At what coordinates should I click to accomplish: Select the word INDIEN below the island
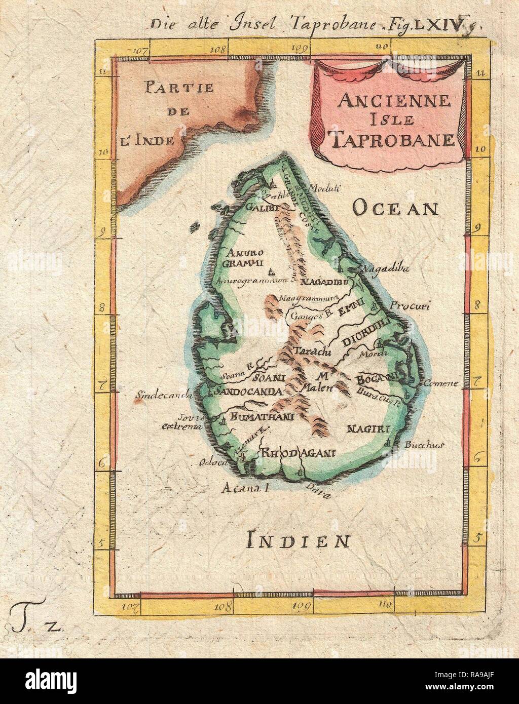point(298,541)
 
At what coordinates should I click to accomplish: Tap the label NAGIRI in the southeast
point(368,429)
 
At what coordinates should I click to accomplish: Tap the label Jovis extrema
point(181,422)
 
